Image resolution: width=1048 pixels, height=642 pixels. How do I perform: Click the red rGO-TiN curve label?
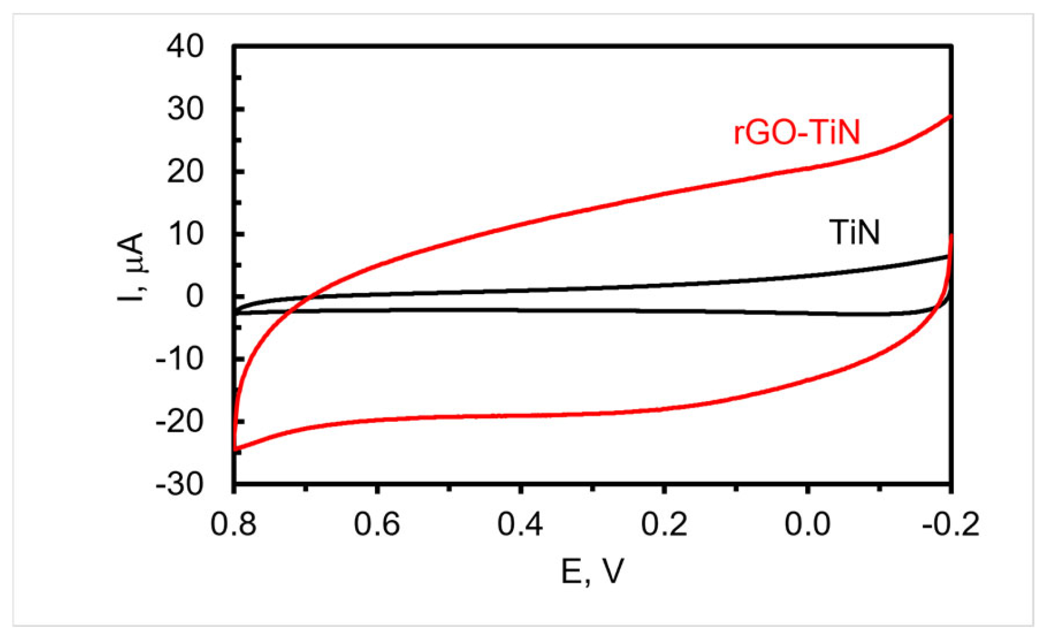(x=796, y=133)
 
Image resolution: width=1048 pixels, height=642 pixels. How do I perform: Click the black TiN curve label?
(x=854, y=233)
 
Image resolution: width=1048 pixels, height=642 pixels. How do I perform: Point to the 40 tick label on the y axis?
(x=185, y=46)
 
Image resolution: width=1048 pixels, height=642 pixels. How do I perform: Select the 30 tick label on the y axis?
(x=185, y=109)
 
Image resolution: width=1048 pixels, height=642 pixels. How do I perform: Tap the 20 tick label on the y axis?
(x=185, y=172)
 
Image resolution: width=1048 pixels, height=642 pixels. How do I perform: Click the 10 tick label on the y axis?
(x=185, y=234)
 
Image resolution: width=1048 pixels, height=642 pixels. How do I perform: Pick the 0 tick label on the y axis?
(x=194, y=297)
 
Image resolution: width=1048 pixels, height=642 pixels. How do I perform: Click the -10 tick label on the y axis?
(x=179, y=359)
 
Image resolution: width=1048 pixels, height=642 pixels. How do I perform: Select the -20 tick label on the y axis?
(x=179, y=422)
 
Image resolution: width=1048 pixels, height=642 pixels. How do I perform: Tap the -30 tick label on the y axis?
(x=179, y=484)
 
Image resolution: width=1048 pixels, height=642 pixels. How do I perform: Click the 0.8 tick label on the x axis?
(x=234, y=525)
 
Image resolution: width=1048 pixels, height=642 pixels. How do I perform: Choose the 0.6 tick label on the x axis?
(x=377, y=525)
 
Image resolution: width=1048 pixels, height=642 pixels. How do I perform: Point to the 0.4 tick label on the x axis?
(x=520, y=525)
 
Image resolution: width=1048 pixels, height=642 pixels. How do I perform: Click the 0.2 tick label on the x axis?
(x=664, y=525)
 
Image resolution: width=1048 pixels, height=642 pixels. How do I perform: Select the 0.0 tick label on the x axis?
(x=807, y=525)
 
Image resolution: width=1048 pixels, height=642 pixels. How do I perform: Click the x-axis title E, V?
(x=592, y=572)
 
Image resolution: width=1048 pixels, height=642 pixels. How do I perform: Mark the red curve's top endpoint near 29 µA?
(x=950, y=116)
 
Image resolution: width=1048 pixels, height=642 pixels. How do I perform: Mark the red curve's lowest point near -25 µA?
(x=235, y=450)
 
